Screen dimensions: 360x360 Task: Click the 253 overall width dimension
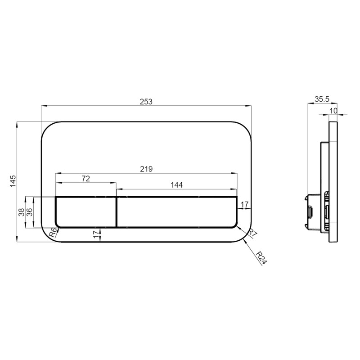pyautogui.click(x=146, y=102)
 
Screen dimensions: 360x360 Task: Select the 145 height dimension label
pyautogui.click(x=13, y=181)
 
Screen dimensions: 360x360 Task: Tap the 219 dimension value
pyautogui.click(x=146, y=169)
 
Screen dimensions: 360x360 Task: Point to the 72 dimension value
pyautogui.click(x=86, y=178)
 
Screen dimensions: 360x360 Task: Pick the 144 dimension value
pyautogui.click(x=176, y=185)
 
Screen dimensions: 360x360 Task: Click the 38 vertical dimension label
pyautogui.click(x=21, y=212)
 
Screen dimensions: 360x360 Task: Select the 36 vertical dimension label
pyautogui.click(x=30, y=212)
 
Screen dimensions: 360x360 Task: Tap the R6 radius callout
pyautogui.click(x=53, y=233)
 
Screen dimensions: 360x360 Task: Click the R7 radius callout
pyautogui.click(x=253, y=233)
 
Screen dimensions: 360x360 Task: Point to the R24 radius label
pyautogui.click(x=261, y=258)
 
